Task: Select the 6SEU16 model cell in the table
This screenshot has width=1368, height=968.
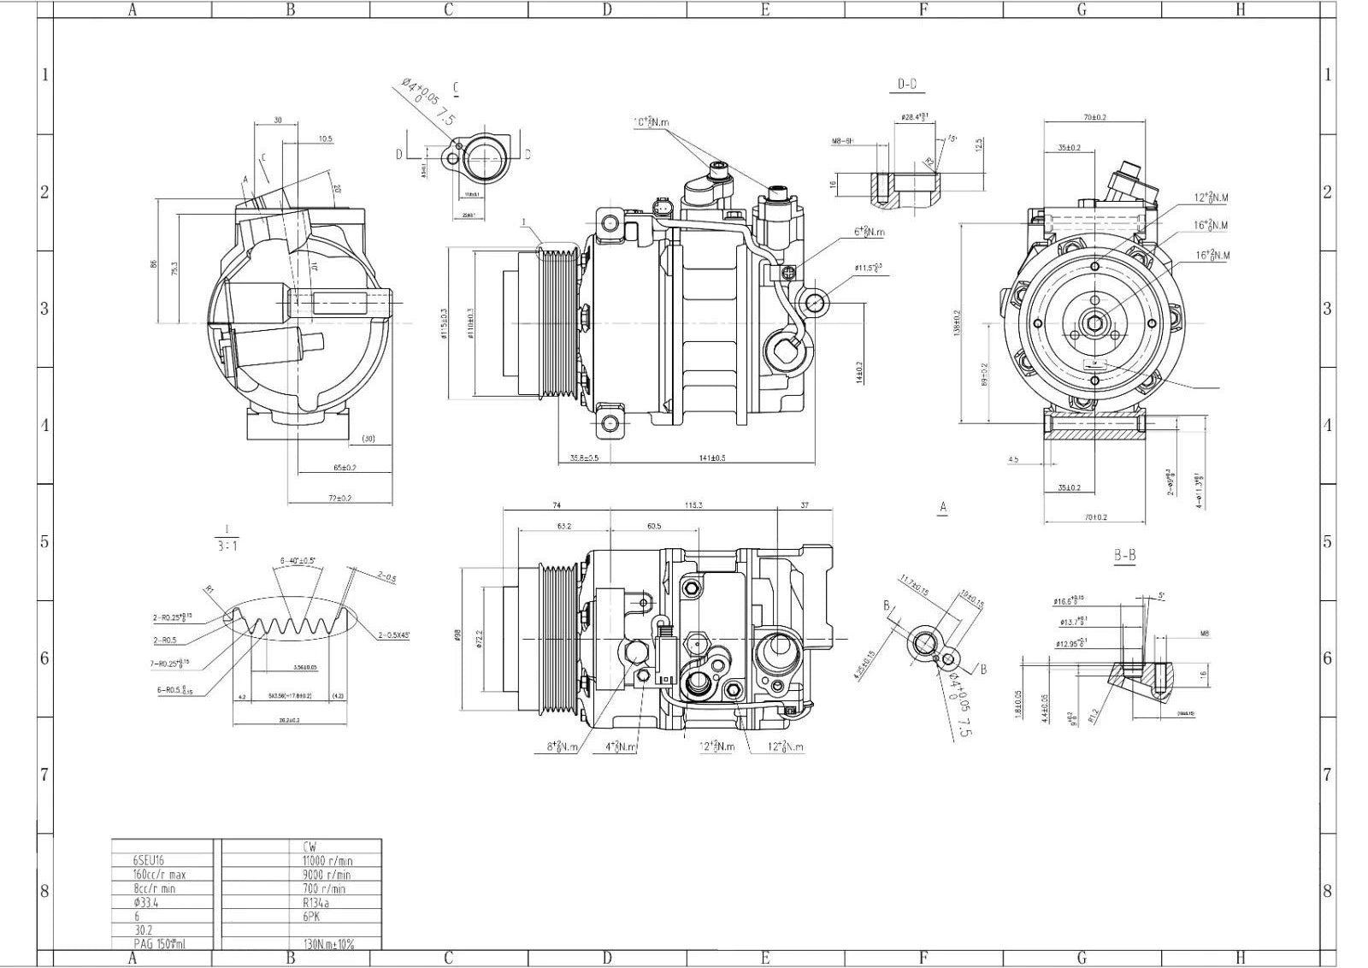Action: point(147,860)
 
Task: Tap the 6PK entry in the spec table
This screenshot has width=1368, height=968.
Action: point(311,916)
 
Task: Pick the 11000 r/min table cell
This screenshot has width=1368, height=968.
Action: point(327,860)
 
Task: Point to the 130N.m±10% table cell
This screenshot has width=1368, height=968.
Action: point(328,944)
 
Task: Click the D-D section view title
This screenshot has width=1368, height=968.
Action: point(906,84)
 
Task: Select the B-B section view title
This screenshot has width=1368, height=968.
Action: point(1124,556)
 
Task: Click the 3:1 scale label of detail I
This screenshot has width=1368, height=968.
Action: point(226,545)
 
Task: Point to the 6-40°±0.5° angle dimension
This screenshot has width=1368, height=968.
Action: point(298,561)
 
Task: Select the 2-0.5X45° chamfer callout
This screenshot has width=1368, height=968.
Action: point(393,635)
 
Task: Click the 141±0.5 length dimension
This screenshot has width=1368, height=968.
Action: point(711,458)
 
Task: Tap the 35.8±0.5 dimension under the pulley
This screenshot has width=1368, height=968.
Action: point(584,458)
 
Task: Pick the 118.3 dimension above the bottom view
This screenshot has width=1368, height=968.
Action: point(693,505)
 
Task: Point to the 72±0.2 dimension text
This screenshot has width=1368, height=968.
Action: point(339,498)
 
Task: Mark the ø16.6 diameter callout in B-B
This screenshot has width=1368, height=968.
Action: point(1069,601)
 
